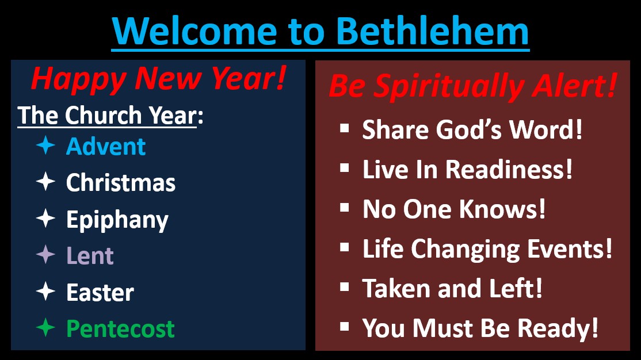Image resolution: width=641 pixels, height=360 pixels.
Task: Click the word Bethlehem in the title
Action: pos(433,32)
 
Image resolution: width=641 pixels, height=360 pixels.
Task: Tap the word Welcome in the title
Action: pos(194,32)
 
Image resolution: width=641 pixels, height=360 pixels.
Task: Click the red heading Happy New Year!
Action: pos(159,79)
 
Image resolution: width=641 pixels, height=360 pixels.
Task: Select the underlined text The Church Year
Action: pos(107,115)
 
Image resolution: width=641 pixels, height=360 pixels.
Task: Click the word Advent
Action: pos(106,146)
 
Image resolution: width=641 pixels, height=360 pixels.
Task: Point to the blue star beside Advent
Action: pos(45,145)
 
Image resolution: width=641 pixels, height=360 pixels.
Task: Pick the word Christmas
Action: pos(121,182)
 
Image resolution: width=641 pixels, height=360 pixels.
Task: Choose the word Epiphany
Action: pos(117,220)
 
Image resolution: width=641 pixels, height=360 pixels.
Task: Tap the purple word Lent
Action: pos(90,256)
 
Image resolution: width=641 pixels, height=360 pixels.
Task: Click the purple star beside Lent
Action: pos(45,255)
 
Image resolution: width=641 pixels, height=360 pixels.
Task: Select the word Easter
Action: pos(100,293)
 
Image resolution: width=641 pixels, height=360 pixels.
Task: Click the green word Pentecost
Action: pos(121,329)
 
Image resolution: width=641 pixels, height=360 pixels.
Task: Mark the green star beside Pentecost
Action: pos(45,327)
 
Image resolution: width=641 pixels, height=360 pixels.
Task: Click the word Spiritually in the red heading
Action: pos(449,87)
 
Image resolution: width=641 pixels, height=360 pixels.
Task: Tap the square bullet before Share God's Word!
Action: pos(345,128)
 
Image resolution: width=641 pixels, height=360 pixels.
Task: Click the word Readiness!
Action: pos(509,169)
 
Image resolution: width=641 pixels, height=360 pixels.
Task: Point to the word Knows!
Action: pos(502,209)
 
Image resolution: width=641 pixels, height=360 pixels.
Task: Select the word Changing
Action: pos(466,249)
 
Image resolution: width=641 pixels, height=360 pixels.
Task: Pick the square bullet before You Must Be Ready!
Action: pos(345,327)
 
